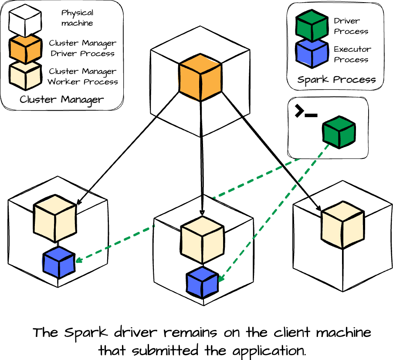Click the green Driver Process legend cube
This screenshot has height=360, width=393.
pyautogui.click(x=311, y=25)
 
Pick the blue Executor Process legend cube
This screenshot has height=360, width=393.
pyautogui.click(x=311, y=54)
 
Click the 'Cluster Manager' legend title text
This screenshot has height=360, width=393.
pyautogui.click(x=61, y=100)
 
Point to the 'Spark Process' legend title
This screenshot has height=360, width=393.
pyautogui.click(x=336, y=80)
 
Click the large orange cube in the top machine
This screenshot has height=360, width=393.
pyautogui.click(x=200, y=77)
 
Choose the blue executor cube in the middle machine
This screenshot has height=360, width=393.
pyautogui.click(x=202, y=282)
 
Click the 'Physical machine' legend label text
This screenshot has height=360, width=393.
pyautogui.click(x=77, y=18)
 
